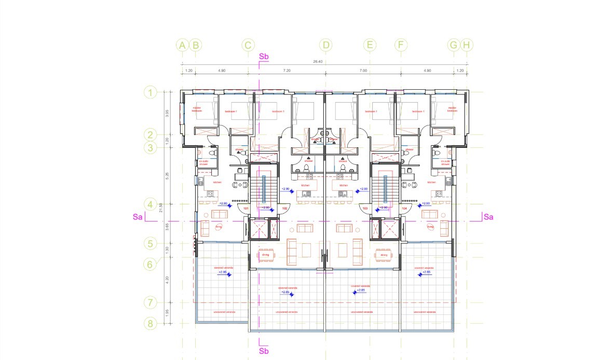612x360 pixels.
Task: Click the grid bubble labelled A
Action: (x=182, y=45)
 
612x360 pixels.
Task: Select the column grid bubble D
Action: (x=326, y=45)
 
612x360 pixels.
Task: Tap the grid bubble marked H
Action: (x=467, y=45)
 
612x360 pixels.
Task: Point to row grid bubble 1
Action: (x=150, y=93)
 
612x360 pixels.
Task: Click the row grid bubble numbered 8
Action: (x=150, y=324)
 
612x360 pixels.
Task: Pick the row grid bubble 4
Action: (x=150, y=204)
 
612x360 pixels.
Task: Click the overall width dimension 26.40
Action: (x=318, y=62)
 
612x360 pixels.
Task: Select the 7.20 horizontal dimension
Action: (x=287, y=70)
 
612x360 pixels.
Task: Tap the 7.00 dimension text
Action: (x=363, y=70)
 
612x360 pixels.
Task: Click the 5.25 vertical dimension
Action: (x=167, y=175)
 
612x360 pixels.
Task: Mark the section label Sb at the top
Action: (x=264, y=56)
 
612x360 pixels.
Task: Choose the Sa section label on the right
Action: (x=488, y=217)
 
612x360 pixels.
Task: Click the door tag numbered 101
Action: (x=246, y=209)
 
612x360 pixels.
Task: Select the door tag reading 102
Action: (x=284, y=209)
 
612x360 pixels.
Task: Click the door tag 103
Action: (x=365, y=209)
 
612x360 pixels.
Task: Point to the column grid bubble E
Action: (x=370, y=45)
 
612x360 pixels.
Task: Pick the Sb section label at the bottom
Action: (x=264, y=351)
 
